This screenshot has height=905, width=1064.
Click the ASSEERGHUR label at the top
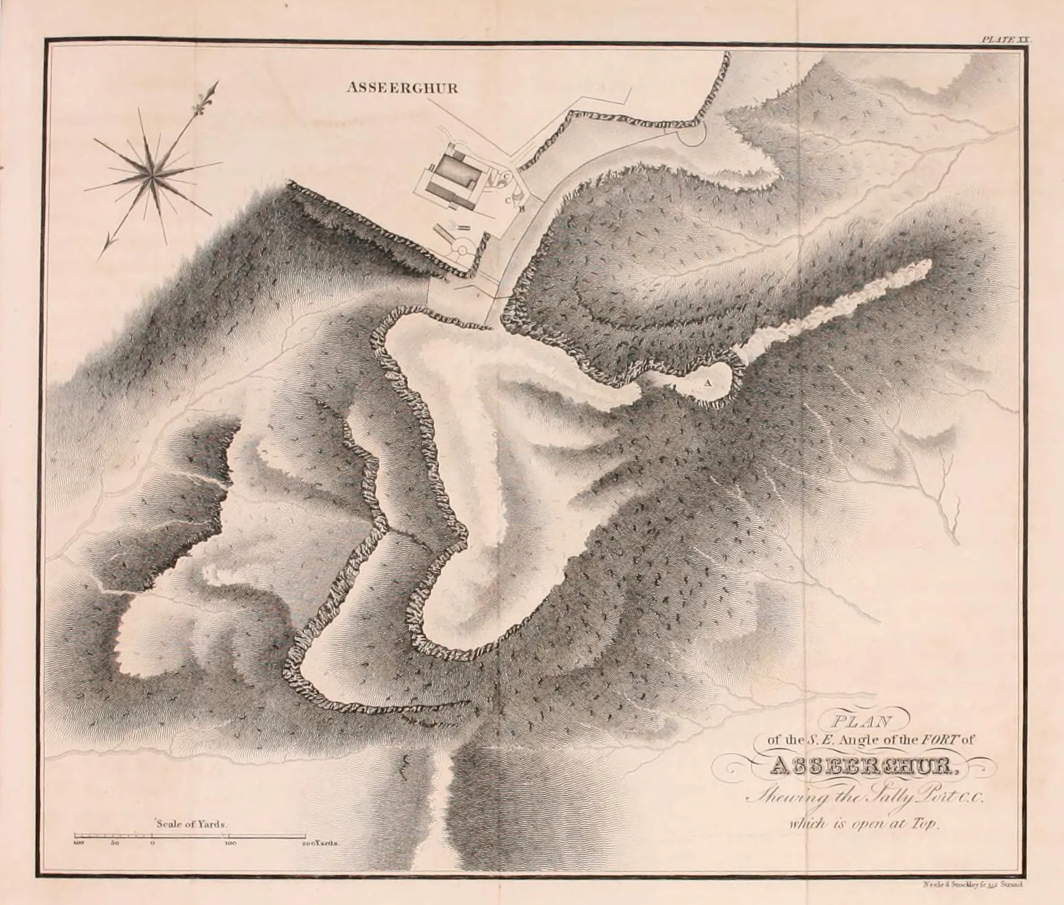[402, 88]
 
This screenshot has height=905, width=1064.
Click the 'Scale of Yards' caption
[192, 824]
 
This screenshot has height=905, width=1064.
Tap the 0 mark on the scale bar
[152, 836]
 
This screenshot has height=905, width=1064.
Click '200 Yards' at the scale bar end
[321, 843]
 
